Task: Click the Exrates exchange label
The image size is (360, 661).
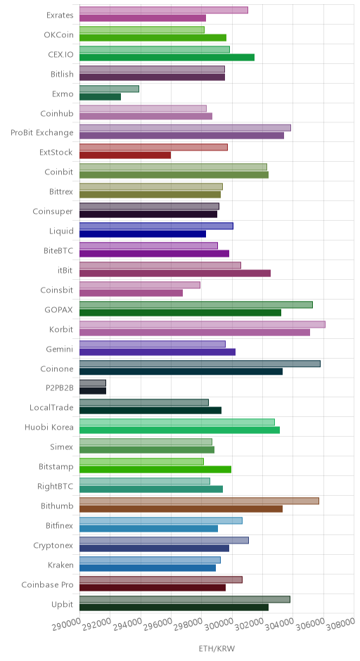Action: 60,15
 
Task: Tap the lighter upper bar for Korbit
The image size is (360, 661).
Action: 202,325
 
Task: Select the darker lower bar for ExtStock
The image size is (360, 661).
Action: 125,155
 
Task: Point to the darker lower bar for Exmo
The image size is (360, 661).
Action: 101,96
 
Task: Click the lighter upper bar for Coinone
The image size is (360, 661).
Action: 200,364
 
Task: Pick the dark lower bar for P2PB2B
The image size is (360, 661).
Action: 93,391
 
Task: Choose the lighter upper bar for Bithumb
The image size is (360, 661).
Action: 200,501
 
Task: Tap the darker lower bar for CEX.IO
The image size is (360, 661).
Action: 167,58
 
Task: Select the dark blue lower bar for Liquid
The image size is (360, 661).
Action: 143,234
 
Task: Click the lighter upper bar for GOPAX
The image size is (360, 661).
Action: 196,304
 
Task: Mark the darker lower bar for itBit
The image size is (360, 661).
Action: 175,273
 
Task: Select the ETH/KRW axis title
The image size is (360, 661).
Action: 217,648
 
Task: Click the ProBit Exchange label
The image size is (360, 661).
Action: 42,133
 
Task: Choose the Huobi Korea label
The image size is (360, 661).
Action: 49,428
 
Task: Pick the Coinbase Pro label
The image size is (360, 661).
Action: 47,584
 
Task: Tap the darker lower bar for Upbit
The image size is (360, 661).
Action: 174,607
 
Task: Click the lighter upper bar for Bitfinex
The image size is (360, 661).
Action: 161,520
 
